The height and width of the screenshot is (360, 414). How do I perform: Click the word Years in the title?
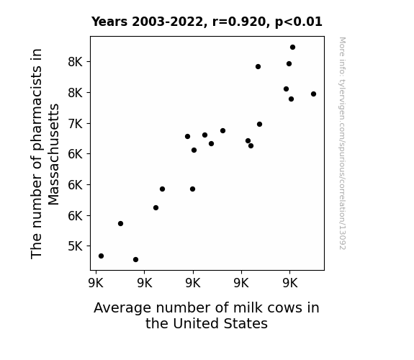coord(109,22)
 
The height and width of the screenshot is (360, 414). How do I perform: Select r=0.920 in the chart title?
coord(238,22)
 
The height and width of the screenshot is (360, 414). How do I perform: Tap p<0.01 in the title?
coord(299,22)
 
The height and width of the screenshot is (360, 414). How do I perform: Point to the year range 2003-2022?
coord(167,22)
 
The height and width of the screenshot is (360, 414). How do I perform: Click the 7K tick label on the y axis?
coord(76,123)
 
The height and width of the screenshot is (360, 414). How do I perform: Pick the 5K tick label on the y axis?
coord(76,246)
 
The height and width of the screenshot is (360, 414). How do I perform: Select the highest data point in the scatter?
coord(292,48)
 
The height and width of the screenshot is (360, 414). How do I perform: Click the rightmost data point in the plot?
coord(313,94)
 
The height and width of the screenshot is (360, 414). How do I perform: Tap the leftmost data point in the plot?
coord(101,256)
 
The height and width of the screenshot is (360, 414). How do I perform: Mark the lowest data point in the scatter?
coord(135,260)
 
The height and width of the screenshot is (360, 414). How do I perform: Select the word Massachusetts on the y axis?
coord(53,155)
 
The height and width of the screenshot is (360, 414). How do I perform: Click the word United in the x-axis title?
coord(196,324)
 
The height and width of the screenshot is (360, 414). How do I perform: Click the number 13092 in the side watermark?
coord(343,239)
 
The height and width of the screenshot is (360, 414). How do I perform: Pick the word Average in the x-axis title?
coord(122,308)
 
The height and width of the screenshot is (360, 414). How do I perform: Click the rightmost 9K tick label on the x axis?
coord(290,283)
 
